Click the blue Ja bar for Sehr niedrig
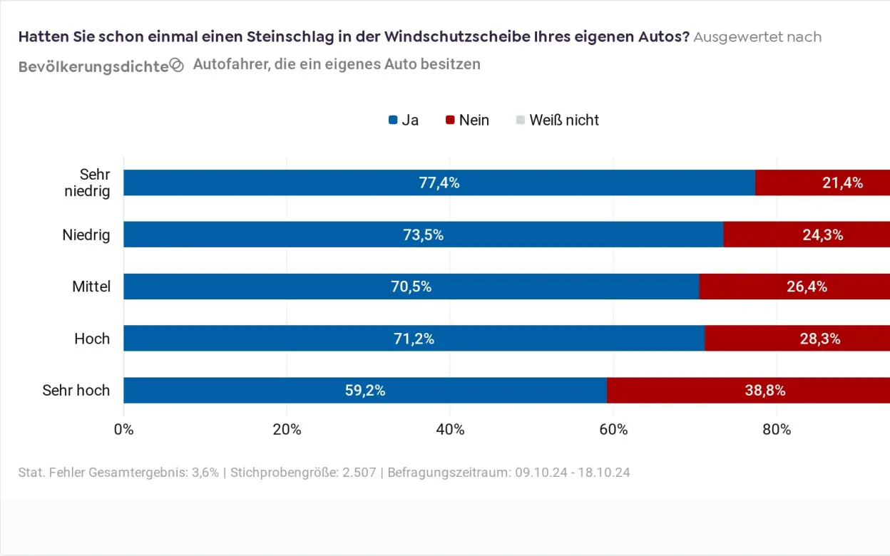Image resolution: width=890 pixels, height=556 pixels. coord(439,182)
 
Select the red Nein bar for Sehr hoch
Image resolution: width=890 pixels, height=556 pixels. coord(749,390)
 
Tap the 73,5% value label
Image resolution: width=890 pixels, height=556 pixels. coord(423,235)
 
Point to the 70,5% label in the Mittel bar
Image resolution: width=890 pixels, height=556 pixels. coord(411,287)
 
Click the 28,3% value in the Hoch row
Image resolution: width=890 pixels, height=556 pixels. coord(819,339)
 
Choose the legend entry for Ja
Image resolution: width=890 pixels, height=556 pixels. coord(404,120)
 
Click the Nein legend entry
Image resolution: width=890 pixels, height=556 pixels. coord(467,120)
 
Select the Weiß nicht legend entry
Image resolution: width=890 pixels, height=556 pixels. coord(557,120)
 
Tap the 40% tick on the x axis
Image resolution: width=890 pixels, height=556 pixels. coord(450,429)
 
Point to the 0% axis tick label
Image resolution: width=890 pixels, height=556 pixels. coord(124,429)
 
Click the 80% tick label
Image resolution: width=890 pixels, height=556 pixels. coord(776,429)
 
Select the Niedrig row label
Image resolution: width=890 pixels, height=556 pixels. coord(86,235)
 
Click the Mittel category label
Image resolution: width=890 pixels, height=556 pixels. coord(91,287)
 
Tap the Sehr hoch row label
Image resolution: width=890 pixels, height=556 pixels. coord(76,390)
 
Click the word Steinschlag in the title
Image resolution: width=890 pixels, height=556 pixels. coord(299,36)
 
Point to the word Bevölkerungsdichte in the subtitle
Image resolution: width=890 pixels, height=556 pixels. coord(93,66)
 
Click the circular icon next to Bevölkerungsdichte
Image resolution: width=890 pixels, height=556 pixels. coord(177,66)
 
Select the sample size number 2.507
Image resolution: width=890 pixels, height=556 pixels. coord(359,473)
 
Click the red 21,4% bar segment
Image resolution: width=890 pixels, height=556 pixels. coord(822,182)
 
